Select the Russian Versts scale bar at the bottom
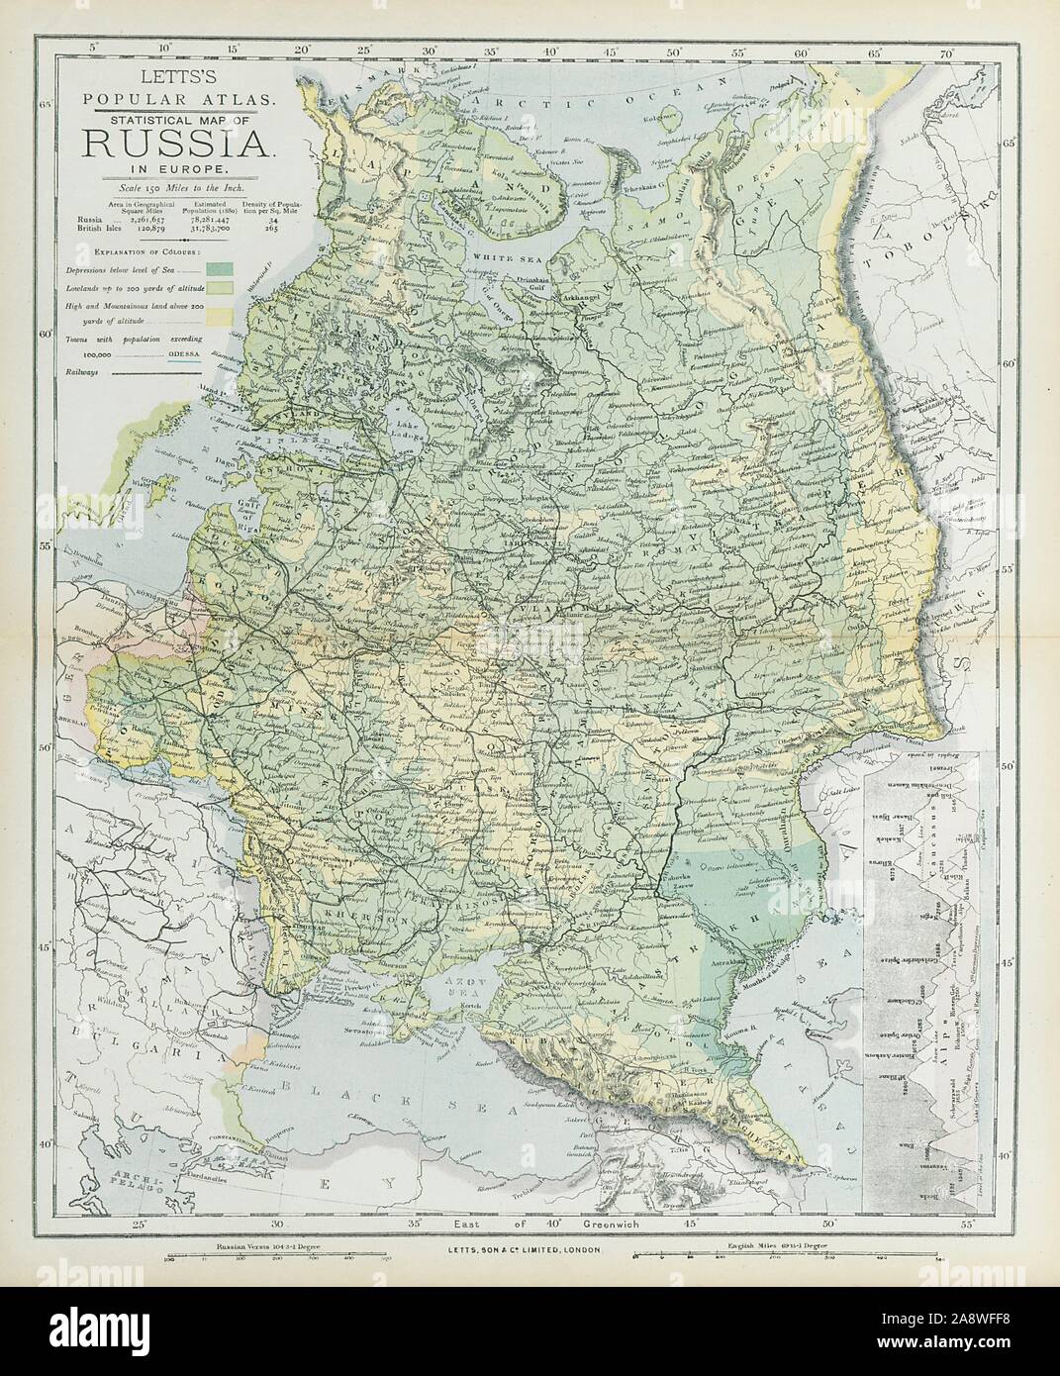pyautogui.click(x=267, y=1259)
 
